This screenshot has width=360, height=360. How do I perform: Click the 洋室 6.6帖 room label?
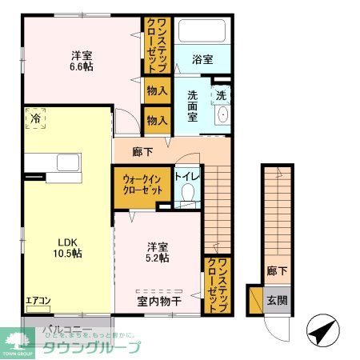pos(81,62)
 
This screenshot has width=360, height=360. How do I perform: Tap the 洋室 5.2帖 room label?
pos(157,252)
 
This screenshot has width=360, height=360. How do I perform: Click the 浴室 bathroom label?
pos(202,58)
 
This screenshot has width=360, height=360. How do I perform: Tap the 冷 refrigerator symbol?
pos(35,118)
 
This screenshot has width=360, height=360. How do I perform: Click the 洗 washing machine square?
pos(222,93)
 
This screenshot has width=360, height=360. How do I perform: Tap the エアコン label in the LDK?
pos(38,302)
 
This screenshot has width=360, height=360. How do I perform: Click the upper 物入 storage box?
pos(157,91)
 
